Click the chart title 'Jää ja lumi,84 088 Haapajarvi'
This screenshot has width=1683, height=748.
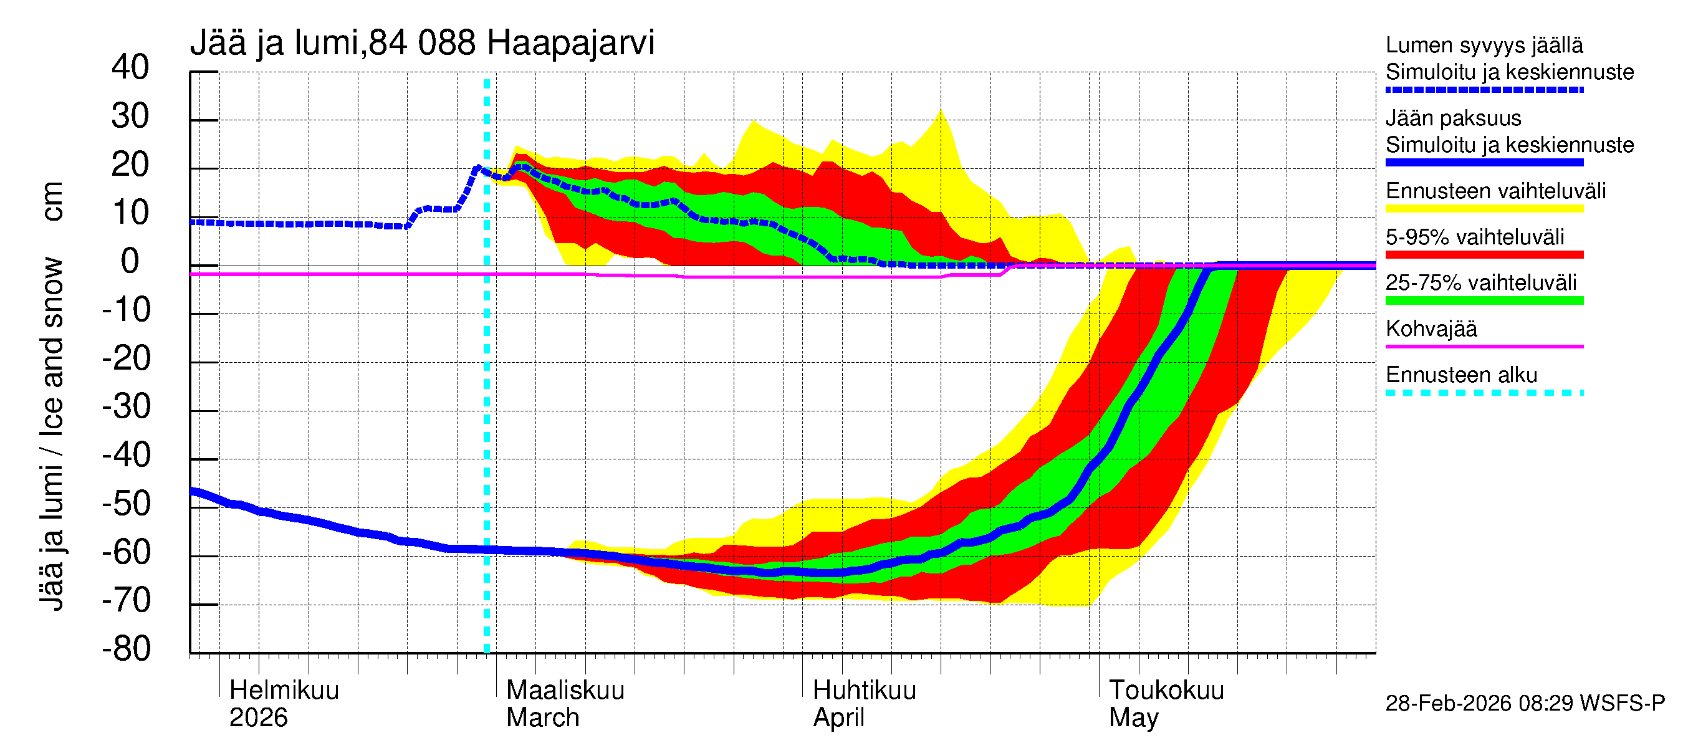[421, 43]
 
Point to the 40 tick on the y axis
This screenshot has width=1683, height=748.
[130, 67]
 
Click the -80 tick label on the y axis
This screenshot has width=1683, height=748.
[126, 649]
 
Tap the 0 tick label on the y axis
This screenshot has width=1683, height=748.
[130, 261]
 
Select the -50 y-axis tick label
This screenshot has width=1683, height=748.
[126, 504]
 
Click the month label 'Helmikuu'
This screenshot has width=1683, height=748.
[284, 690]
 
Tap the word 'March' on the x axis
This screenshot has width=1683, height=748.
[542, 717]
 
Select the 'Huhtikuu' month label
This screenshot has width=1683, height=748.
[864, 690]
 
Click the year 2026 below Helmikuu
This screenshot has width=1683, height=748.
[258, 717]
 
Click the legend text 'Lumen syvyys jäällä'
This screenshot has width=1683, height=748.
[1484, 45]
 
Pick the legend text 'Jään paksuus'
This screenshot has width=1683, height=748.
[1453, 118]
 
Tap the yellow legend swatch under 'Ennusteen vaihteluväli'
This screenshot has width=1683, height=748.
[1484, 209]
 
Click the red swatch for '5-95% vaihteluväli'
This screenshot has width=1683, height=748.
[1484, 255]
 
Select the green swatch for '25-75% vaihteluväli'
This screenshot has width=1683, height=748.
[1484, 300]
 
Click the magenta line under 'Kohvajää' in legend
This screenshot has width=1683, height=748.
[1484, 346]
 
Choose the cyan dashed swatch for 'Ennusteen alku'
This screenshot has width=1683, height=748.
[1484, 393]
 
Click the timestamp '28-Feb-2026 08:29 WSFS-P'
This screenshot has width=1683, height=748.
[1524, 704]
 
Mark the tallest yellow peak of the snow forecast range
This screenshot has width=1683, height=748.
[941, 112]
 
